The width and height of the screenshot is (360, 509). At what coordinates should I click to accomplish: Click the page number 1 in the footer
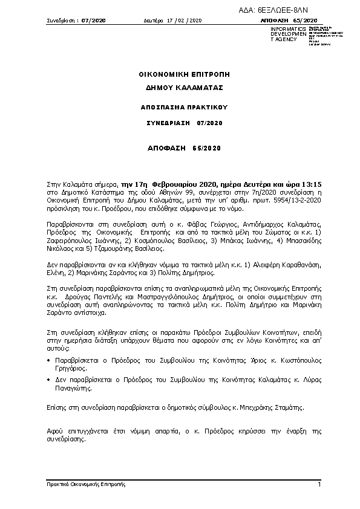[x=318, y=485]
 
